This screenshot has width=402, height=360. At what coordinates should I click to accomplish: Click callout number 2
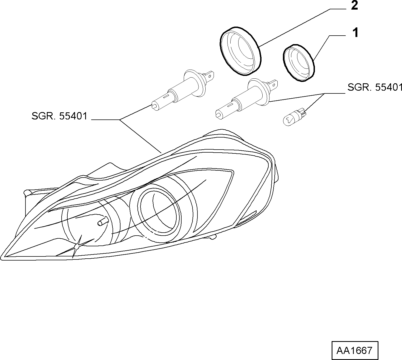(x=354, y=5)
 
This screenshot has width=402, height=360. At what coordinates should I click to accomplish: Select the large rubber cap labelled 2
(x=240, y=51)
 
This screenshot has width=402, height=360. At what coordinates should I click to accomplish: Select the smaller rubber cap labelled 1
(x=299, y=63)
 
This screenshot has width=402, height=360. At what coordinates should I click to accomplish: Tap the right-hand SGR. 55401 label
(x=375, y=87)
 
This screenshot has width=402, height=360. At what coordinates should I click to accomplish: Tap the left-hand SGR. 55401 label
(x=59, y=116)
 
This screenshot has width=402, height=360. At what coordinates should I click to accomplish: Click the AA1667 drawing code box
(x=355, y=350)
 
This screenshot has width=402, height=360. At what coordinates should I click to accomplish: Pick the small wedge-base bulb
(x=295, y=118)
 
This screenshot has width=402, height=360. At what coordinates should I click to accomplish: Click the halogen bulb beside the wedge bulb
(x=246, y=99)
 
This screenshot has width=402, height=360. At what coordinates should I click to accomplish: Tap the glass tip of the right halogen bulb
(x=219, y=115)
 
